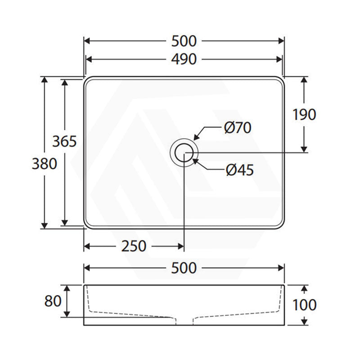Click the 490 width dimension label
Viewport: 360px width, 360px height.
pos(184,59)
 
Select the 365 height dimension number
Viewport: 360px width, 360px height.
pos(64,141)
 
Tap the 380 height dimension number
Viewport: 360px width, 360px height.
pos(44,164)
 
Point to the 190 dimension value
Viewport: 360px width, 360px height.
pos(304,114)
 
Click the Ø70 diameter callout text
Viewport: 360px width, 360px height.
pos(238,127)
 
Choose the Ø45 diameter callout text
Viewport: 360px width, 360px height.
pos(240,170)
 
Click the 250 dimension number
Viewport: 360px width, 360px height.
pos(134,246)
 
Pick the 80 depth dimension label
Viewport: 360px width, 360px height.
pos(53,301)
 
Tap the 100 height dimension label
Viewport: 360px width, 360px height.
pos(305,305)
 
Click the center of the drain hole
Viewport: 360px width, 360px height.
pos(184,153)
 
